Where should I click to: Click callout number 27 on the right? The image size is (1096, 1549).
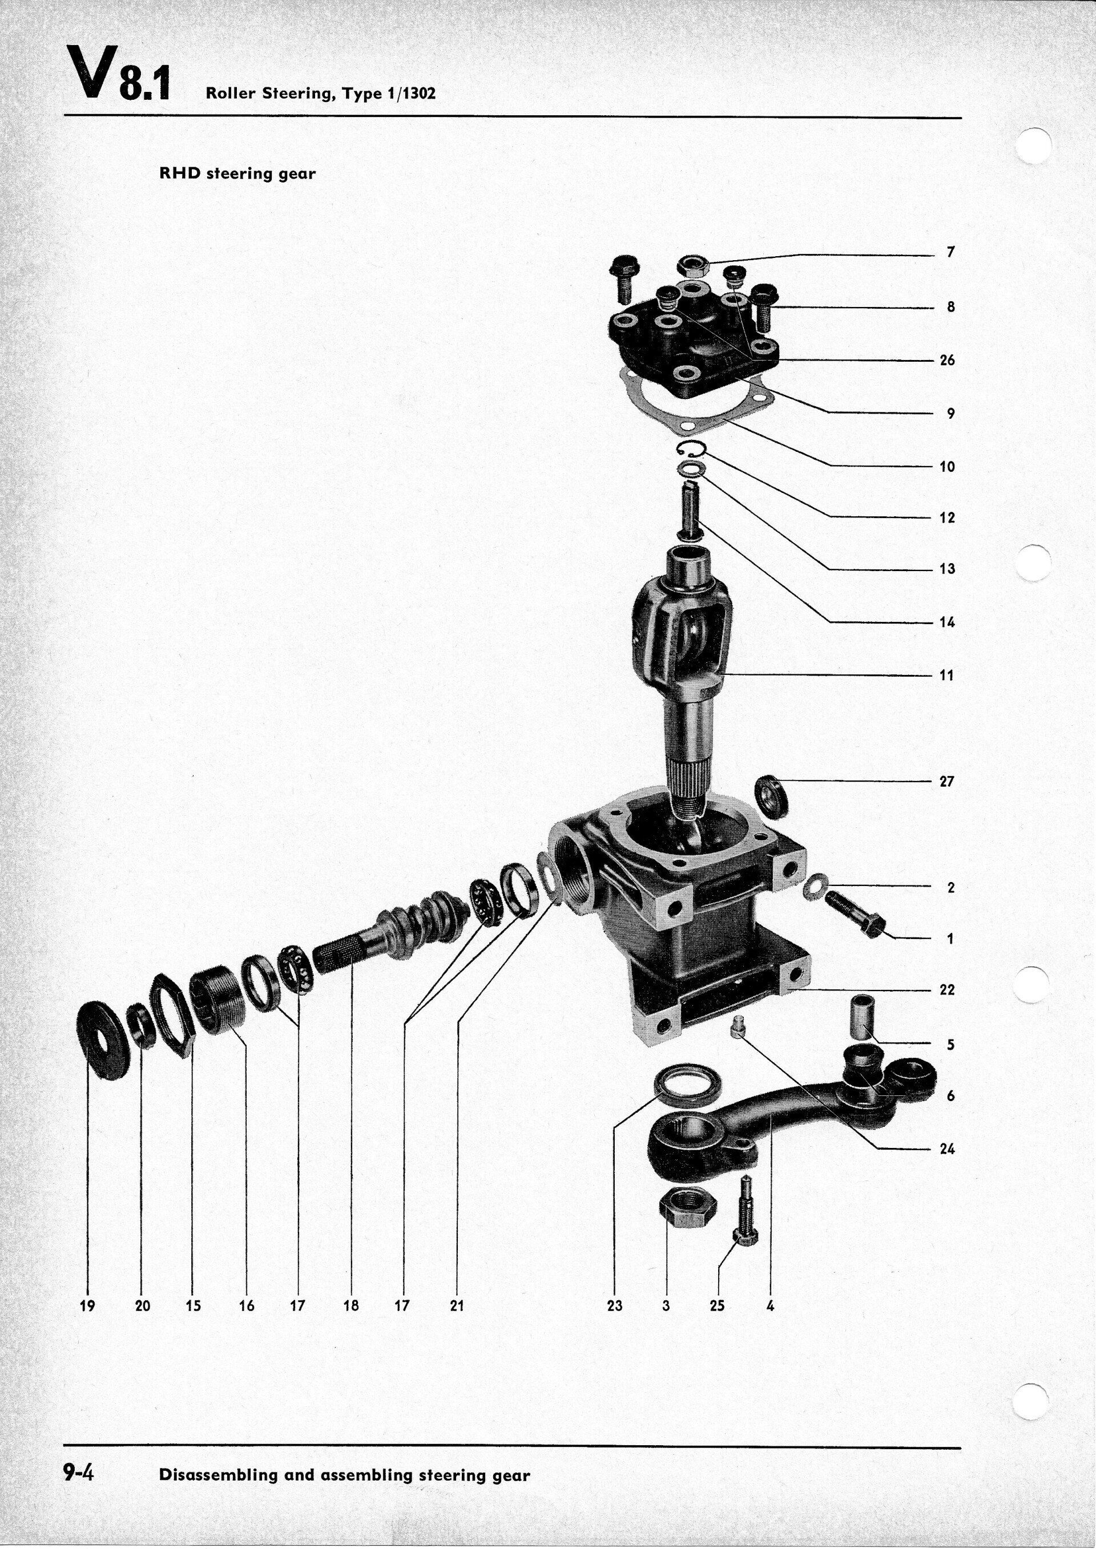point(947,782)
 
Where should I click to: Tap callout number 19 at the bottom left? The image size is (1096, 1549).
point(87,1306)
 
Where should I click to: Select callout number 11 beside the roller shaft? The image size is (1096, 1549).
point(947,676)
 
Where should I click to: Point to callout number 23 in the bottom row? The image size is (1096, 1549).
point(614,1306)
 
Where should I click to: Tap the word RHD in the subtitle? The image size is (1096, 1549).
point(180,173)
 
